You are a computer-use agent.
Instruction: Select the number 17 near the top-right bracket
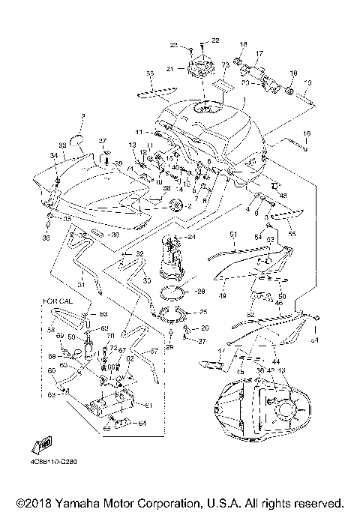pos(259,54)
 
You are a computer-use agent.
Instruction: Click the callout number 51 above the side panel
pos(232,234)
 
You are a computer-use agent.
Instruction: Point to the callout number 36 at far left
pos(46,238)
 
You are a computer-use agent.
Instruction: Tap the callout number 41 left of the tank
pos(139,132)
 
